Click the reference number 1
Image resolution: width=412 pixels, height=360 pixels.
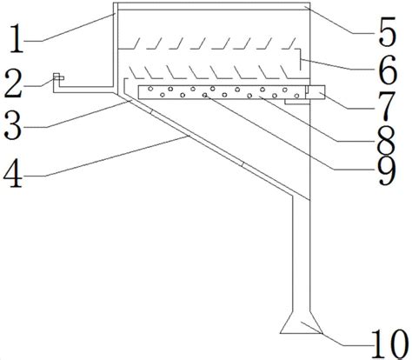pyautogui.click(x=17, y=39)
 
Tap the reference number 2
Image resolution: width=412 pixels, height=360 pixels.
pyautogui.click(x=13, y=83)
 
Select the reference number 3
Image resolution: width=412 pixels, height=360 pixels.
pyautogui.click(x=13, y=126)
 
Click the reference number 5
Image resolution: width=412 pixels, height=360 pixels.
pyautogui.click(x=387, y=32)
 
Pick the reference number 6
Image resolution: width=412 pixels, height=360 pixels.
pyautogui.click(x=388, y=70)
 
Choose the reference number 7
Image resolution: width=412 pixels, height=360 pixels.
pyautogui.click(x=388, y=106)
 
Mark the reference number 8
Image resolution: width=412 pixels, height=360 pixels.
pyautogui.click(x=387, y=141)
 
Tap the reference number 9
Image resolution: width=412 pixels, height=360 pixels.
pyautogui.click(x=387, y=170)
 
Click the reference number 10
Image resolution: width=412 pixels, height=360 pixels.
pyautogui.click(x=389, y=344)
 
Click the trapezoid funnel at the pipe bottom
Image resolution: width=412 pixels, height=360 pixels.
pyautogui.click(x=301, y=323)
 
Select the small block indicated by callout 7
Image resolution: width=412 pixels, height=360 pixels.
pyautogui.click(x=316, y=92)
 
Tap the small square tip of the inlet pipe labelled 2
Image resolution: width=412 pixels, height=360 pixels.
pyautogui.click(x=58, y=77)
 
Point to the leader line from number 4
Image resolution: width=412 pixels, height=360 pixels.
pyautogui.click(x=116, y=156)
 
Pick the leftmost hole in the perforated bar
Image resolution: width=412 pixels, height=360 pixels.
pyautogui.click(x=150, y=89)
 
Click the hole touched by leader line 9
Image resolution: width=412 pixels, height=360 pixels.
pyautogui.click(x=205, y=95)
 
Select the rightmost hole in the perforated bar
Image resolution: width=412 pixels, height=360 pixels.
pyautogui.click(x=296, y=96)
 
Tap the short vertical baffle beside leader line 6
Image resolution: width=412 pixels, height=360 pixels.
pyautogui.click(x=300, y=59)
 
